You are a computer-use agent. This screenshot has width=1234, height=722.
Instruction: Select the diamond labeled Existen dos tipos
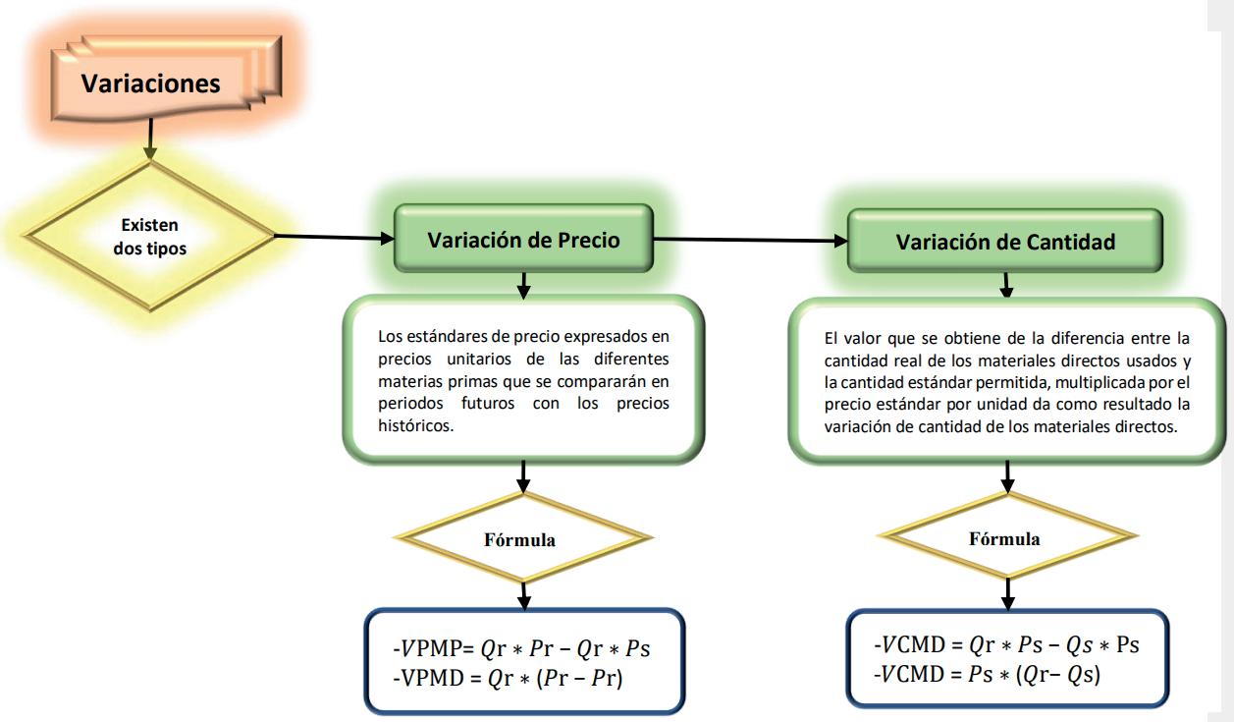[x=150, y=237]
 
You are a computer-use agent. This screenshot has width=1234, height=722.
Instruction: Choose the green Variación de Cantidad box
[x=1004, y=243]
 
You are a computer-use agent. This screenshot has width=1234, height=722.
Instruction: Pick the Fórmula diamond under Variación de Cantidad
[x=1004, y=538]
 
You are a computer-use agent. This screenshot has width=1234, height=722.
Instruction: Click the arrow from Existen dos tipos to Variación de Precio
[x=334, y=237]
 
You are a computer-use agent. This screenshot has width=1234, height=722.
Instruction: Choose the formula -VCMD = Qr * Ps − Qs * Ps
[x=1005, y=646]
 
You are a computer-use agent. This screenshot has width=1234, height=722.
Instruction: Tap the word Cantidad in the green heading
[x=1074, y=243]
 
